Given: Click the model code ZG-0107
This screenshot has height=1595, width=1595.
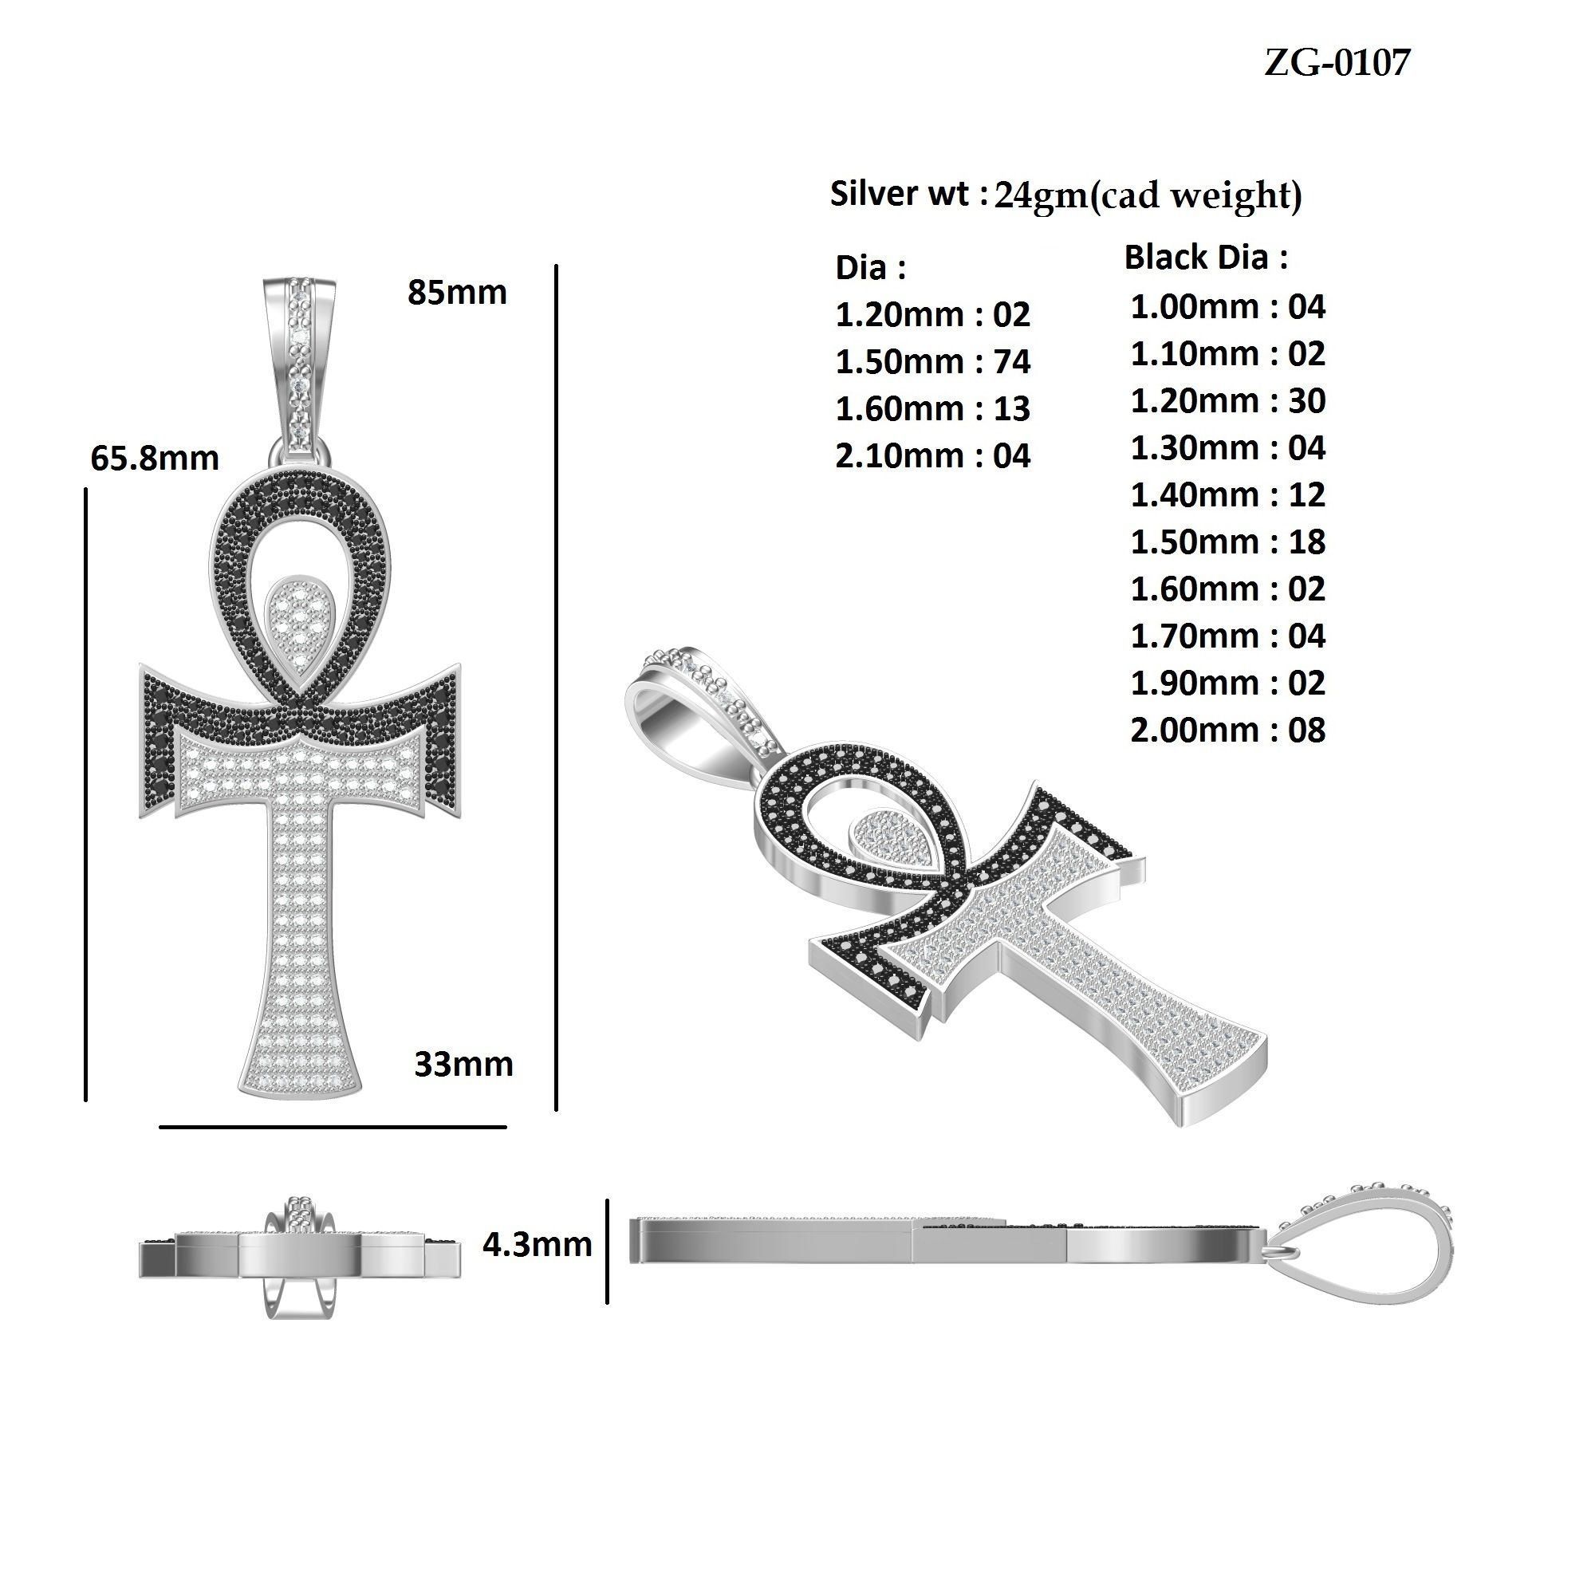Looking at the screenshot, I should coord(1337,63).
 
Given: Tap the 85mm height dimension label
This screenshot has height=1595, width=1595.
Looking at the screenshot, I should coord(456,292).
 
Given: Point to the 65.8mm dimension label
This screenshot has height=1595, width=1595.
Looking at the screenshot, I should coord(155,459).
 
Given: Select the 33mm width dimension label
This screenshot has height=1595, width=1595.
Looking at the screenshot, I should coord(463,1064).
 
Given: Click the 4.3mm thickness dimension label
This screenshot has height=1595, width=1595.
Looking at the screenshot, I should coord(537,1244).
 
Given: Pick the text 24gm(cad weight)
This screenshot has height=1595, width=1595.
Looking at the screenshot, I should coord(1148,195).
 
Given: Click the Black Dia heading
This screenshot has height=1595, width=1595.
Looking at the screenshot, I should coord(1205,258).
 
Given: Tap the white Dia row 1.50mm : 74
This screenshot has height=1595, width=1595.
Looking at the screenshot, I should coord(933,361).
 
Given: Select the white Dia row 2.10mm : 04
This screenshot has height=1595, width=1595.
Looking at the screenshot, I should coord(933,455).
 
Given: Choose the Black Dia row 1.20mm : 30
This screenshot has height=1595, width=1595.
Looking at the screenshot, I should coord(1227,400).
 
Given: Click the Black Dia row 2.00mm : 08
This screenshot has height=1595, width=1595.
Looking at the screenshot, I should coord(1227,730).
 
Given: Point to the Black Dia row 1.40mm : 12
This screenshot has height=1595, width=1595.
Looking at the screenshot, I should coord(1227,494).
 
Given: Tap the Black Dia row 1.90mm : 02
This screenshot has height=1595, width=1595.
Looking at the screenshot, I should coord(1227,683).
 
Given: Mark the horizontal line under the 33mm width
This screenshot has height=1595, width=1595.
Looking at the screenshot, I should coord(332,1126).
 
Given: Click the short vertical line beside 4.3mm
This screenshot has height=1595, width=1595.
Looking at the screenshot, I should coord(608,1251).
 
